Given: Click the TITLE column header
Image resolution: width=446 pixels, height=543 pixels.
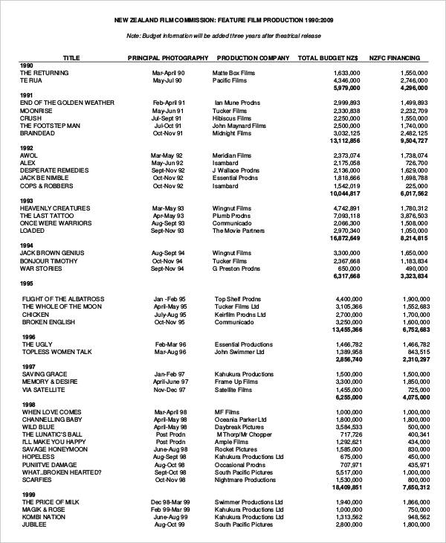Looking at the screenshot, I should [71, 57].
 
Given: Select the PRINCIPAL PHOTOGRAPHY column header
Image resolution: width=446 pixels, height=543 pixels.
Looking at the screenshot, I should [168, 57].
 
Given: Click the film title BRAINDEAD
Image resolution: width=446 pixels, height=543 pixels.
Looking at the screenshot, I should [40, 133].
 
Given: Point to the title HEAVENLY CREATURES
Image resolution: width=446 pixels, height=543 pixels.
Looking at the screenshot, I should [55, 208].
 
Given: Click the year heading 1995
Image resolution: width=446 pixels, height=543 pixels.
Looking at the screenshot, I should [28, 283].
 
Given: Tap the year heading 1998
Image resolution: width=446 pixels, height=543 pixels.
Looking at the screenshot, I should [28, 405].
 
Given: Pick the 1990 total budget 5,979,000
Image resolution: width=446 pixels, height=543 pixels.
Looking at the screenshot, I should [346, 88].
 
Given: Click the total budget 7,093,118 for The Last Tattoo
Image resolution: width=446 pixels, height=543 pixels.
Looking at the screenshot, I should [346, 216].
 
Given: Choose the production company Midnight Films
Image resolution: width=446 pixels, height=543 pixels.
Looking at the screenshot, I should [232, 133].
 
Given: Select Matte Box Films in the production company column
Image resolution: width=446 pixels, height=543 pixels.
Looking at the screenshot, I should [233, 73].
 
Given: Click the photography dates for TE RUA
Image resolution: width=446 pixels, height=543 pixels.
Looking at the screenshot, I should [167, 80].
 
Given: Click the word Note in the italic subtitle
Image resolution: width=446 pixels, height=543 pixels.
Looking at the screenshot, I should [134, 36].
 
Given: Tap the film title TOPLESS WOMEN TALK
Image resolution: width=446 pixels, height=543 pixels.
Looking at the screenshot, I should [56, 352].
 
